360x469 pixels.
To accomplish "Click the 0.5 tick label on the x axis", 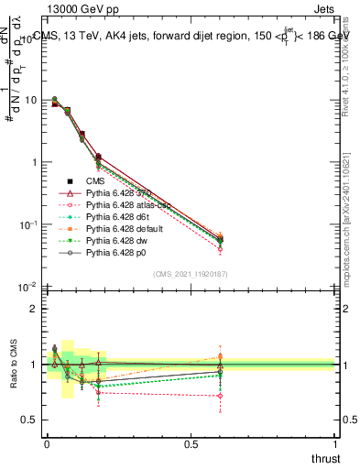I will (x=191, y=444).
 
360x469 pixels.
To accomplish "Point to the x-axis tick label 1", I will (x=336, y=444).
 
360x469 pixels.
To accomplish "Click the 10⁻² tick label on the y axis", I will (x=29, y=288).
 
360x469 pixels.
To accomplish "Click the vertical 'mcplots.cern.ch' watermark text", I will (x=348, y=234).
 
